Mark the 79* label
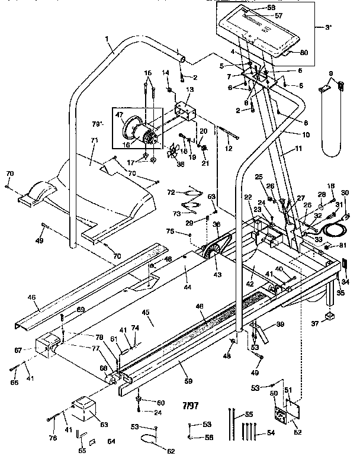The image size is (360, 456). pos(98,124)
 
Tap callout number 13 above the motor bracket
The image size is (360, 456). pos(189,89)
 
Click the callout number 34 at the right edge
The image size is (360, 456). pos(346,282)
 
